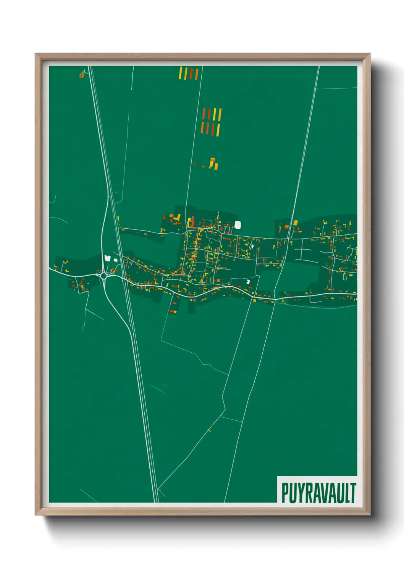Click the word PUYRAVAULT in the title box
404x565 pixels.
(318, 493)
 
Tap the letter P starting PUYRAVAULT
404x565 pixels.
(285, 493)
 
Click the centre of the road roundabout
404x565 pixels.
(103, 275)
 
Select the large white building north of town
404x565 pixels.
(238, 225)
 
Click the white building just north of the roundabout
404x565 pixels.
(108, 258)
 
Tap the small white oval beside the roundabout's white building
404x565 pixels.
(115, 260)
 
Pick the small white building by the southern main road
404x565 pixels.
(248, 282)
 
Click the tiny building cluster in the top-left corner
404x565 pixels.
(82, 74)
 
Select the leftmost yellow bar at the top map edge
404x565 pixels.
(181, 73)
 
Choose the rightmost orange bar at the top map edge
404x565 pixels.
(197, 74)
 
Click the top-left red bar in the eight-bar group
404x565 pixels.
(204, 114)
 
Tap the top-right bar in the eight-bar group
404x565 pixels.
(220, 115)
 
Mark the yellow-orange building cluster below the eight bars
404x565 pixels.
(213, 164)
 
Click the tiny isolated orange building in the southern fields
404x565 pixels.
(209, 431)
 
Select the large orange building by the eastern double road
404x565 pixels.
(295, 223)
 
